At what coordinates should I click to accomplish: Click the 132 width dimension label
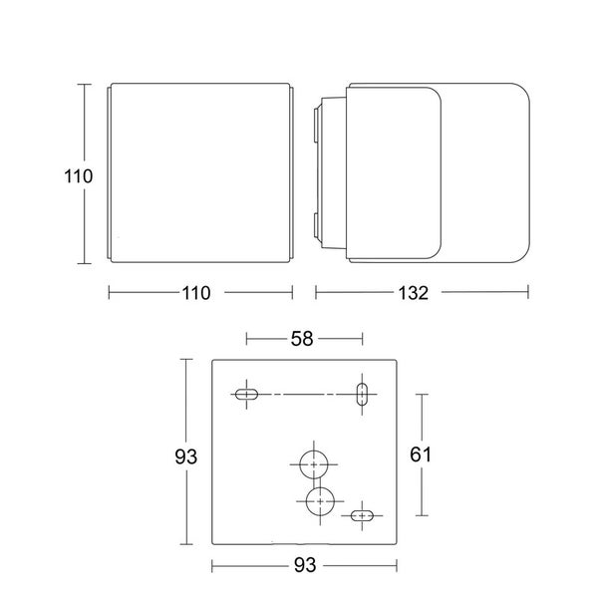413,293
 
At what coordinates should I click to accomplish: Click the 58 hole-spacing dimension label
301,339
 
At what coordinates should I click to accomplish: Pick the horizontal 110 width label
195,293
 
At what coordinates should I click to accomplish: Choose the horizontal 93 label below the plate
305,566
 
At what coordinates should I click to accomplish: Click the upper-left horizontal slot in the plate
245,394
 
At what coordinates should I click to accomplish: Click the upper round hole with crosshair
315,464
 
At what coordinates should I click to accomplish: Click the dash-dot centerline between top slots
304,394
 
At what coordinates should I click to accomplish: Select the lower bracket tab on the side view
318,226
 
